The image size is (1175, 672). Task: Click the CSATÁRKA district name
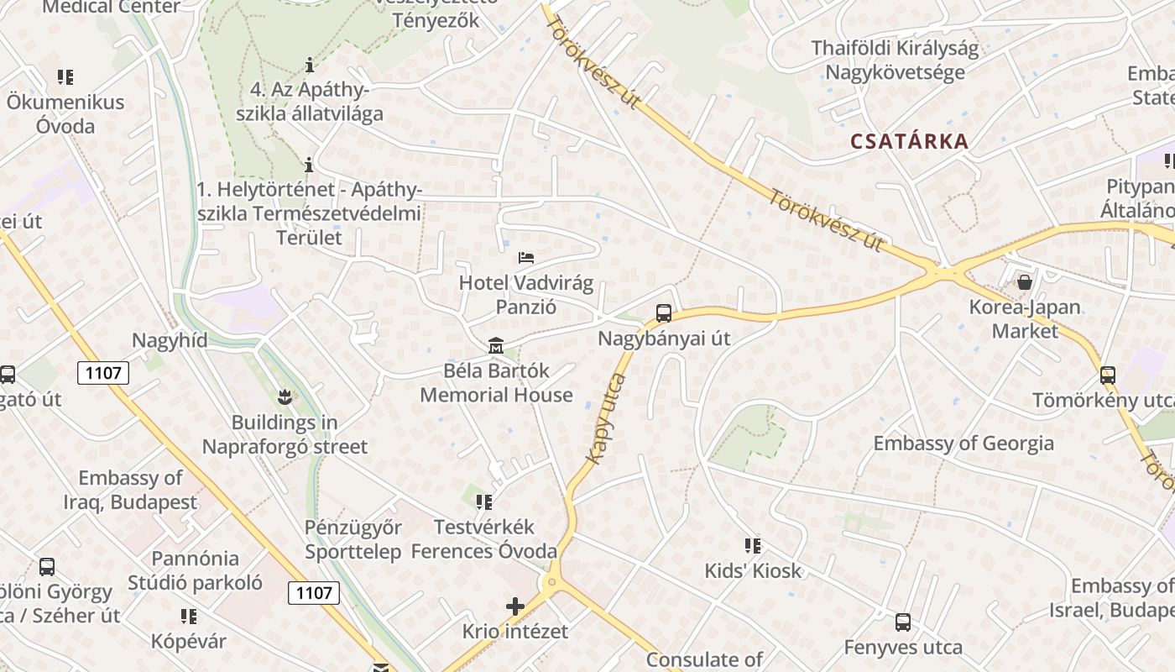pos(910,141)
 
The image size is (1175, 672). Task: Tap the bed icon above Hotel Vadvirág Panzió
pos(526,257)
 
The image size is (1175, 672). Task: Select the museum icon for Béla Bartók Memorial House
pos(496,345)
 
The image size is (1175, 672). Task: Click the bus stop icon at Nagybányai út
pos(664,313)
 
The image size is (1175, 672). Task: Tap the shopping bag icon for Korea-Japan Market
pos(1025,281)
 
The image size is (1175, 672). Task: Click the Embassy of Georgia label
pos(963,444)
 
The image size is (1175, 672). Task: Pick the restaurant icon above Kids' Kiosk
pos(753,546)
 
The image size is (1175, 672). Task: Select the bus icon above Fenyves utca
pos(903,622)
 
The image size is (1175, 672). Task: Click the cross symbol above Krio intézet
pos(515,606)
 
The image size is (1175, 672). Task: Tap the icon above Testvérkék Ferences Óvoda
pos(484,502)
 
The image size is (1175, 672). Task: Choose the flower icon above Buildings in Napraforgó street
pos(285,396)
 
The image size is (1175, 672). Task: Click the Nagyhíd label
pos(170,340)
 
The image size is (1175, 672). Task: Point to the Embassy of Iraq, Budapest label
pos(130,491)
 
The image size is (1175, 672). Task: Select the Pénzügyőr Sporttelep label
pos(353,539)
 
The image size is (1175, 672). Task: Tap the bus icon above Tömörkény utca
pos(1108,375)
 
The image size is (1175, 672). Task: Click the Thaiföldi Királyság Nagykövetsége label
pos(895,60)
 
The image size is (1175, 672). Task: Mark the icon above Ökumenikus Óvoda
pos(65,77)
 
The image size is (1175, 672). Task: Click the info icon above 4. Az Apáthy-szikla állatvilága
pos(310,65)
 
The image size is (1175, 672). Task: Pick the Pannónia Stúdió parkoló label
pos(195,570)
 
